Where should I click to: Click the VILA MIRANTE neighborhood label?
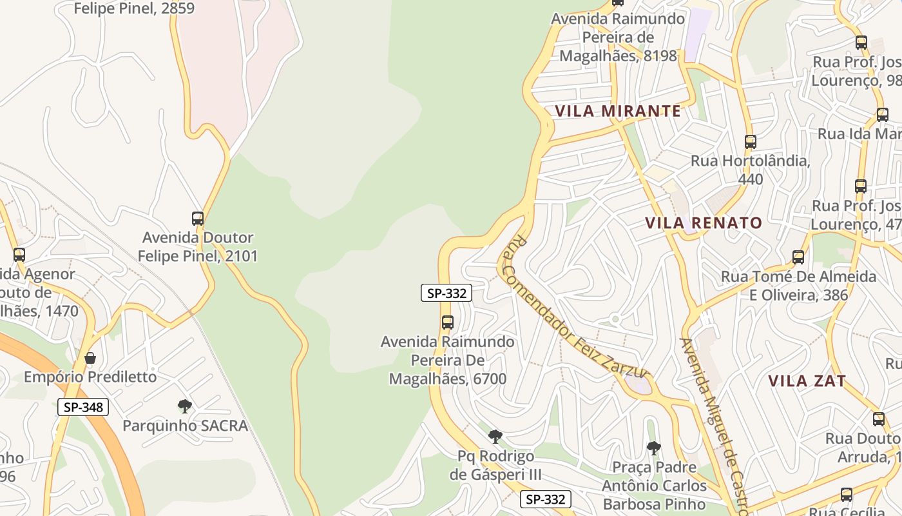click(x=618, y=111)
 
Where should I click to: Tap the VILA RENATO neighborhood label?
click(x=704, y=223)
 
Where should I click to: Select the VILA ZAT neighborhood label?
click(x=807, y=381)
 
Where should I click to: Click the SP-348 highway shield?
click(x=83, y=407)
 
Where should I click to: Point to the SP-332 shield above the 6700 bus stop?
click(x=446, y=293)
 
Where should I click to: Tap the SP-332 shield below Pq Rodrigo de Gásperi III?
click(x=546, y=499)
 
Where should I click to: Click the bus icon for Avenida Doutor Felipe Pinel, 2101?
click(x=198, y=219)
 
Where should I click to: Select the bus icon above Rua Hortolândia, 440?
click(x=750, y=142)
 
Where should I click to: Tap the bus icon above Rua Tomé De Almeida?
click(x=798, y=257)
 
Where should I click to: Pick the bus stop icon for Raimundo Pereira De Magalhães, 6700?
click(x=447, y=322)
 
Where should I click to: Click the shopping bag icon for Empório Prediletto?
click(x=90, y=358)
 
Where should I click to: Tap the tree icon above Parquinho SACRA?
click(x=185, y=406)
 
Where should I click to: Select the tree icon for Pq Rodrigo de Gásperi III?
click(x=495, y=437)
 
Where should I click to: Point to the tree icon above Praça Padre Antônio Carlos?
click(x=654, y=448)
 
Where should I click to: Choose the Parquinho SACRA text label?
click(x=185, y=426)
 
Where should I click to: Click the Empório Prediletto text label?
click(x=90, y=377)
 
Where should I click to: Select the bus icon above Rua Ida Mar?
click(x=883, y=115)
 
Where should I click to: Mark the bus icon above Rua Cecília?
click(x=847, y=495)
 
